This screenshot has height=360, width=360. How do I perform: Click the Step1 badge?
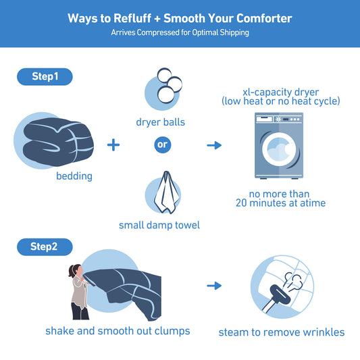click(x=45, y=77)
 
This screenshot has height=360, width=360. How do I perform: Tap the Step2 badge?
click(x=45, y=247)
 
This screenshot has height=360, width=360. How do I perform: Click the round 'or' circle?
click(x=163, y=145)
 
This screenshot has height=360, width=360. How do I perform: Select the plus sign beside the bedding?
click(x=113, y=145)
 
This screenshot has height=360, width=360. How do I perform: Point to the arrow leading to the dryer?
click(x=214, y=145)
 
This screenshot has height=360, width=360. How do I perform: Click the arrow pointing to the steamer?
click(x=214, y=286)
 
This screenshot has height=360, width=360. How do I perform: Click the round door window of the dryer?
click(x=279, y=149)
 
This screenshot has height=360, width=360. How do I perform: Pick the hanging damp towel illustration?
click(x=166, y=192)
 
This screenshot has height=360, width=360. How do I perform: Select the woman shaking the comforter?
click(x=79, y=292)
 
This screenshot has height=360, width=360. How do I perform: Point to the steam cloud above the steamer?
click(x=293, y=281)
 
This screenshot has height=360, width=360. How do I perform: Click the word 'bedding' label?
click(x=74, y=176)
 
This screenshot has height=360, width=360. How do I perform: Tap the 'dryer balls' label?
click(x=161, y=122)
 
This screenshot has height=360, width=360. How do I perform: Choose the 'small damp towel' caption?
click(x=159, y=225)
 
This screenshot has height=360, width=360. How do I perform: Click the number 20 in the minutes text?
click(x=241, y=203)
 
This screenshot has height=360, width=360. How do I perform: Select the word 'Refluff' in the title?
click(x=132, y=18)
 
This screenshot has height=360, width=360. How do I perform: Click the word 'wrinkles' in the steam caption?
click(x=324, y=332)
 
